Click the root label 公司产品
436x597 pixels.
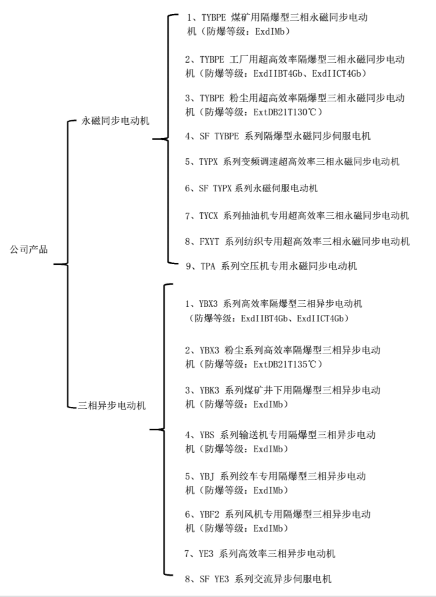pos(29,249)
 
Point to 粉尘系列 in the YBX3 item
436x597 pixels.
pos(246,350)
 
